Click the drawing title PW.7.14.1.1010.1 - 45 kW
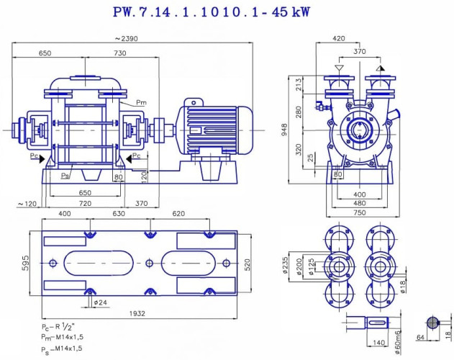pyautogui.click(x=206, y=14)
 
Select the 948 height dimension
pyautogui.click(x=283, y=130)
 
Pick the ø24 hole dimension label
pyautogui.click(x=101, y=302)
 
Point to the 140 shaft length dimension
pyautogui.click(x=379, y=344)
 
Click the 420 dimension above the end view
pyautogui.click(x=338, y=38)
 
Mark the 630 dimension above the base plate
pyautogui.click(x=119, y=214)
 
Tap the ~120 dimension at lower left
pyautogui.click(x=27, y=204)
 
